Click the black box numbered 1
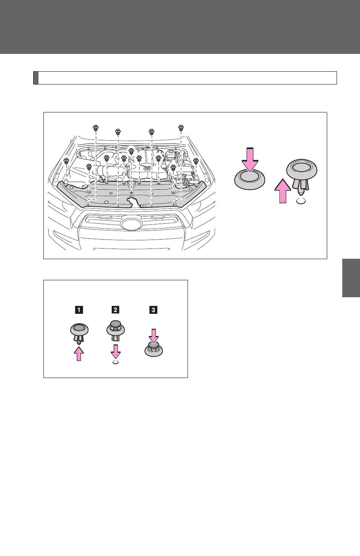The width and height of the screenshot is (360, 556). click(79, 310)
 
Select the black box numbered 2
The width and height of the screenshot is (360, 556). click(115, 310)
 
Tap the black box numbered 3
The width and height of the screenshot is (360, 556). click(153, 310)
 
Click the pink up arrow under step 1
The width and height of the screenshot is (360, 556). click(79, 354)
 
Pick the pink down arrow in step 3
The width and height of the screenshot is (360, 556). click(154, 336)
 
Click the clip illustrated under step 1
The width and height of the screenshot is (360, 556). click(79, 333)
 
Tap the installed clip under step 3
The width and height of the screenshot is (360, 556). click(154, 349)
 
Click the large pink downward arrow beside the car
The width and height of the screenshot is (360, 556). click(250, 160)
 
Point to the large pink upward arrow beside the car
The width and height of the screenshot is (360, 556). click(283, 191)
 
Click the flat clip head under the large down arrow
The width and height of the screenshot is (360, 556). click(250, 179)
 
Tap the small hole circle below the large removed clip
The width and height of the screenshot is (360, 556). click(301, 201)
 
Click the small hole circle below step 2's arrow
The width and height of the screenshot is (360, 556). click(116, 362)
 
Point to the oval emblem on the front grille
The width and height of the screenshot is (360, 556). click(131, 224)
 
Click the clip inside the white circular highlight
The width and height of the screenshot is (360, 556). click(131, 151)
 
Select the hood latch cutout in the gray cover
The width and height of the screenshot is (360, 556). click(134, 201)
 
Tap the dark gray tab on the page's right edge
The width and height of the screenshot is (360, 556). click(351, 278)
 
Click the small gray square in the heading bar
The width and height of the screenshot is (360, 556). click(36, 78)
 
